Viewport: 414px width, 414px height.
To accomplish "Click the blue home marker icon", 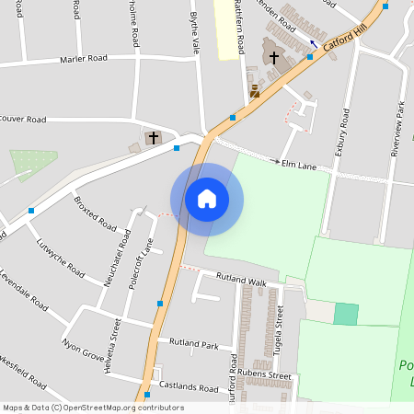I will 207,199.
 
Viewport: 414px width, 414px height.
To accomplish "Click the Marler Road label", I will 83,58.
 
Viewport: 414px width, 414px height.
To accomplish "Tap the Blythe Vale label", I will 194,32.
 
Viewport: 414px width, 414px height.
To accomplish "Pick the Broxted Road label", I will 95,213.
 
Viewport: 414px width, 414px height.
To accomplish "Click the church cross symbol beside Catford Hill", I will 273,57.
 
